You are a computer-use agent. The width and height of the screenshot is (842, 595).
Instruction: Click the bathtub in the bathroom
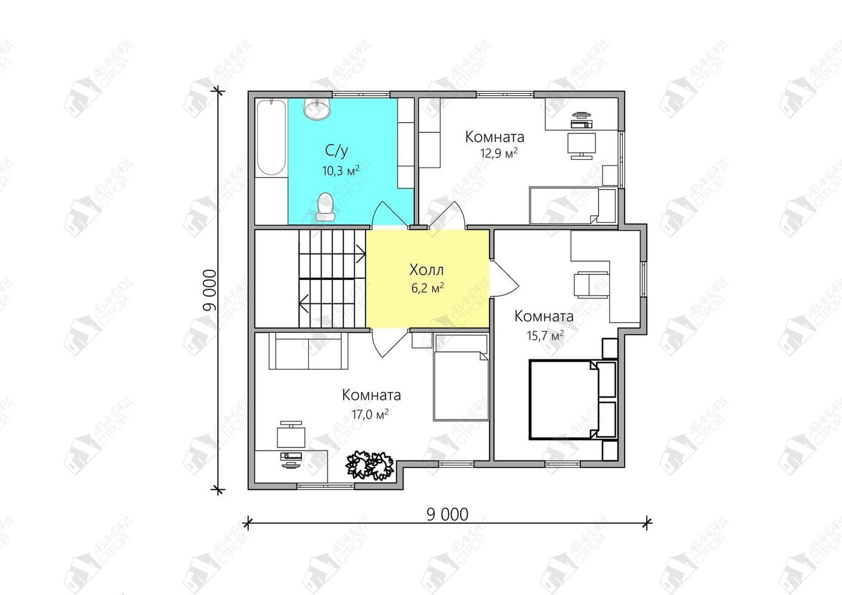coord(271,137)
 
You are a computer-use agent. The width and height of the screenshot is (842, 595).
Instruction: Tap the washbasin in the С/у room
coord(317,109)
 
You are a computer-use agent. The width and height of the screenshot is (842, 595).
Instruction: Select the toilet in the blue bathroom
coord(326,207)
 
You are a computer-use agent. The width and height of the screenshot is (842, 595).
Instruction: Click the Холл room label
coord(426,270)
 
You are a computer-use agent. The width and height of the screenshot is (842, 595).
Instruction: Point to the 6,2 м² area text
coord(427,288)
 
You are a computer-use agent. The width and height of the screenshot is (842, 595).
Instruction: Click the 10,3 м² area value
coord(341,170)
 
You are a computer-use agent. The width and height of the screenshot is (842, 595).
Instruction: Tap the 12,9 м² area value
coord(498,153)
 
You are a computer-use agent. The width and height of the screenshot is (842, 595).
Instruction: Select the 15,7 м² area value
coord(545,335)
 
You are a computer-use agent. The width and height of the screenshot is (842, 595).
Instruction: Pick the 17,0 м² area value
coord(370,414)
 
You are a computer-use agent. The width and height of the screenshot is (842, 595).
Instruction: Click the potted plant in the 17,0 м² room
coord(369,465)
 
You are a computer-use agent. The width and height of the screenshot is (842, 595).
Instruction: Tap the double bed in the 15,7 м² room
coord(573,399)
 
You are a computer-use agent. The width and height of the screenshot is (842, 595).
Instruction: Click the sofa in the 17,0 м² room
coord(309,351)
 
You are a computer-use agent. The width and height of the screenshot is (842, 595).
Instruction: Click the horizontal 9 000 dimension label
coord(447,515)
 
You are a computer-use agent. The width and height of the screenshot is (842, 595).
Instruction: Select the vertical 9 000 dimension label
coord(209,290)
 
